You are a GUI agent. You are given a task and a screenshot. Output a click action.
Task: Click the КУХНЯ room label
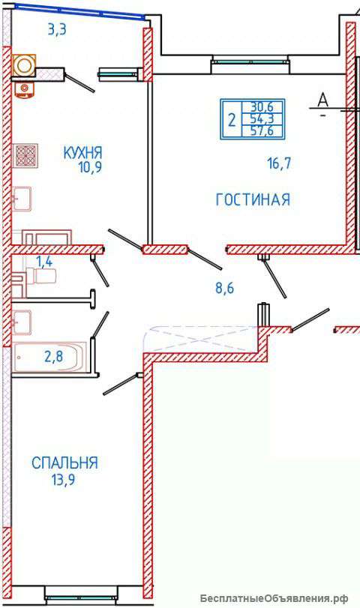pos(82,151)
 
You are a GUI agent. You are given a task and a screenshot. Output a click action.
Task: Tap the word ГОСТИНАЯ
pos(252,199)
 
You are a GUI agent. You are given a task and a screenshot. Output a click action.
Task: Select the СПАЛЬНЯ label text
pos(64,463)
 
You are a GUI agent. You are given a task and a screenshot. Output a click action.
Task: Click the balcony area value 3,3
pos(58,31)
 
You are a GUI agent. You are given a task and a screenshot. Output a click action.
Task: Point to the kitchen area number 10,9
pos(88,166)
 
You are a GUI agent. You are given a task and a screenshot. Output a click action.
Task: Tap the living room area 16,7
pos(278,163)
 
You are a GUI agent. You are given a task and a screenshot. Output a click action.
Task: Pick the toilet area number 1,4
pos(43,262)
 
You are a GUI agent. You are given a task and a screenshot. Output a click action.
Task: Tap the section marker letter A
pos(323,98)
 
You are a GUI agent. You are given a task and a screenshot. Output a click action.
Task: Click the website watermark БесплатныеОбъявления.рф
pos(284,598)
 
